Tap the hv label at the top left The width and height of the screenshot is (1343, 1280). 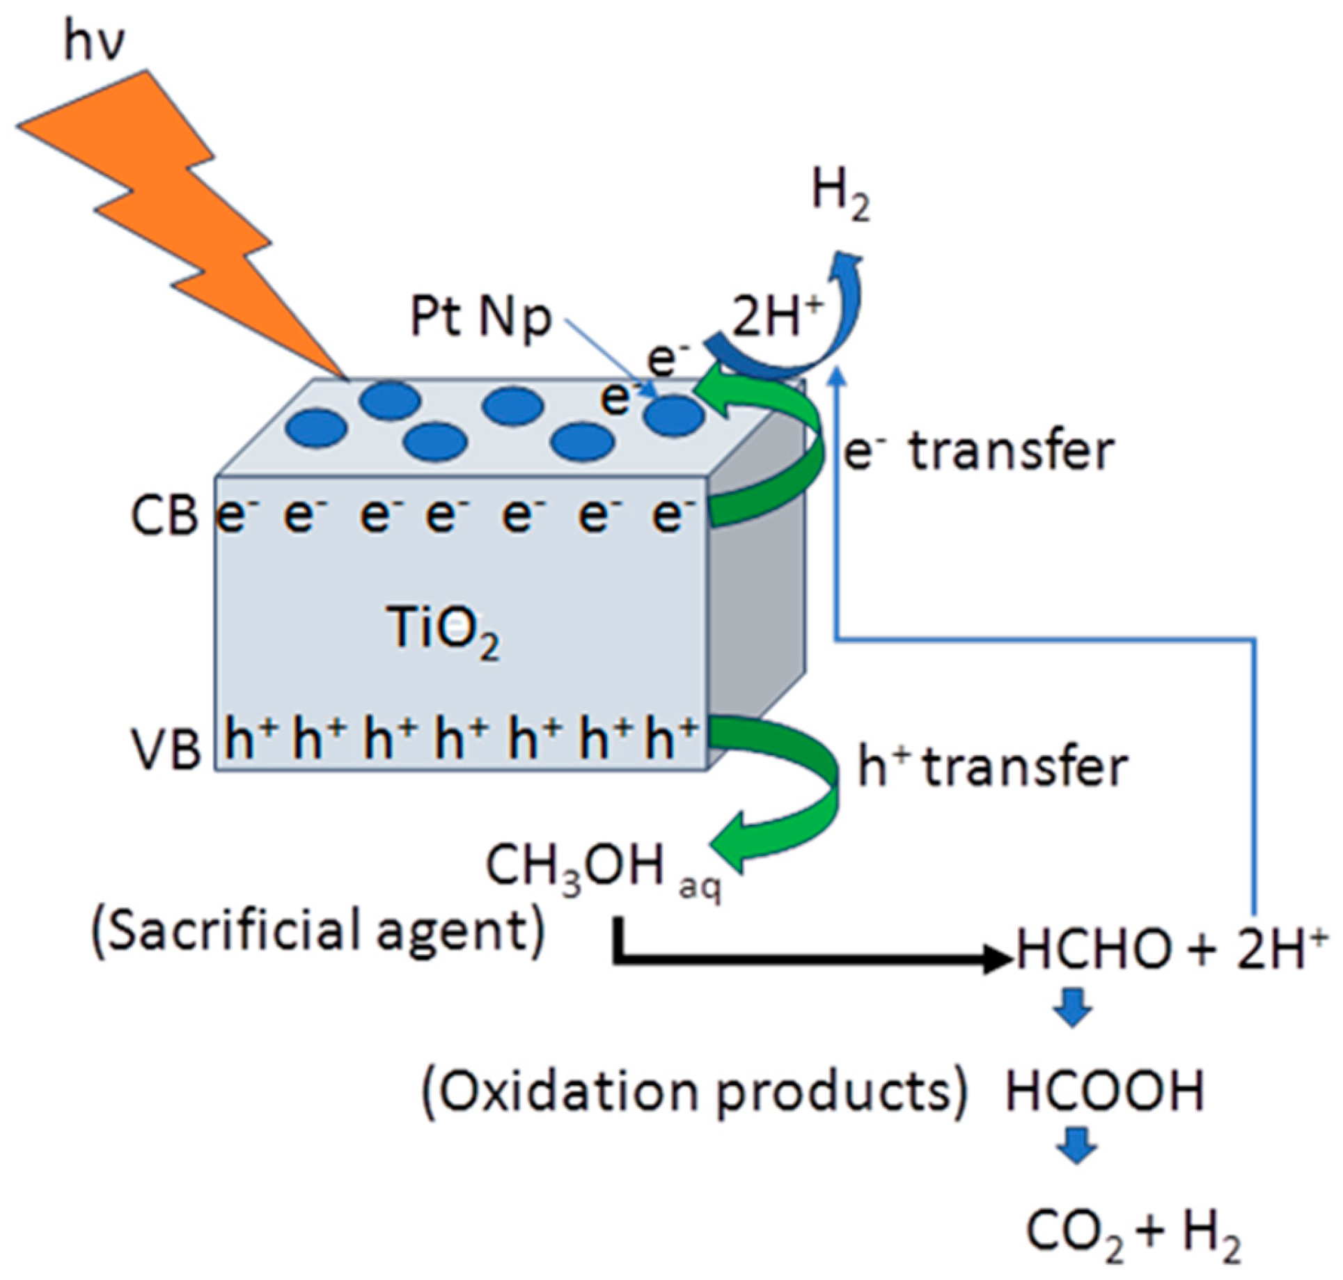pyautogui.click(x=94, y=42)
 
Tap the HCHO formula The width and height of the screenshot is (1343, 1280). pyautogui.click(x=1093, y=950)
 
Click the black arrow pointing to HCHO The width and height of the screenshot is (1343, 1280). pyautogui.click(x=801, y=961)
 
